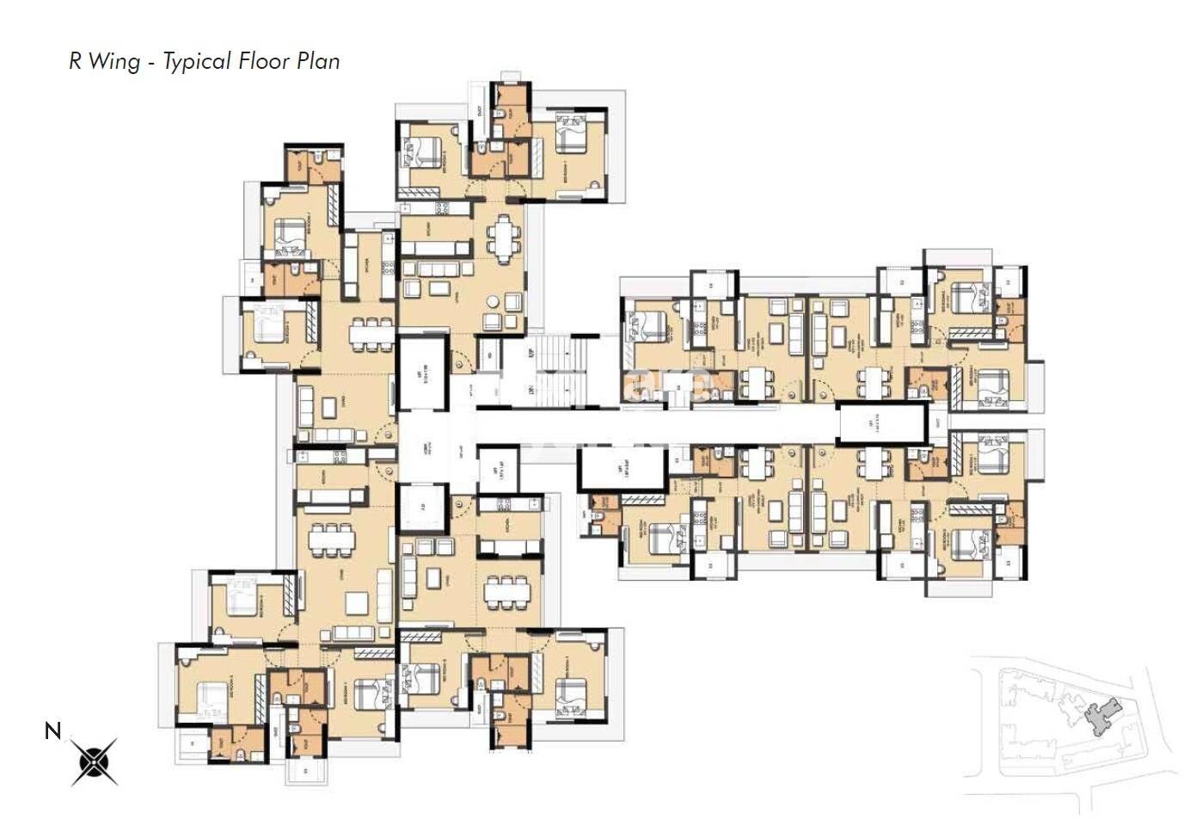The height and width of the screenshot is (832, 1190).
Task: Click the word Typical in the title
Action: pos(197,62)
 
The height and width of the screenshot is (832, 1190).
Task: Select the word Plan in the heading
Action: pos(319,62)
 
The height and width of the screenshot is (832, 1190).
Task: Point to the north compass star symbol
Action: pos(94,761)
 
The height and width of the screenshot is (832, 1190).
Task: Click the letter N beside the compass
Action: pos(52,731)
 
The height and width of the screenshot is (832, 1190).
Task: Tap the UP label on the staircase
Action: pos(531,354)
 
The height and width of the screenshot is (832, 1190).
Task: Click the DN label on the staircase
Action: pos(531,390)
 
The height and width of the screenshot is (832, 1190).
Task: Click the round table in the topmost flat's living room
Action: pos(494,303)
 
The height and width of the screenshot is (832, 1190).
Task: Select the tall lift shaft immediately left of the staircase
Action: pos(422,372)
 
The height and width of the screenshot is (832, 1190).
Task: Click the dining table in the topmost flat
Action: pos(503,236)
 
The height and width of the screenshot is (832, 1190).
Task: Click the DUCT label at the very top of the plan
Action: pos(479,112)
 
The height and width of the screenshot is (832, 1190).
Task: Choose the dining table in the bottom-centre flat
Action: pos(507,592)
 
